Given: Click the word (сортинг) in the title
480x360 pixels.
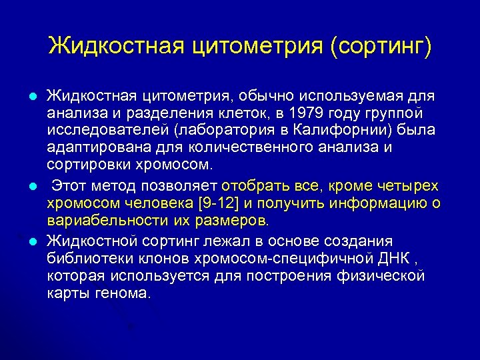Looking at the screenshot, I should pyautogui.click(x=381, y=46).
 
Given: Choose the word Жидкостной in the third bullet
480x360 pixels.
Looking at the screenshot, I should pyautogui.click(x=90, y=241).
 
